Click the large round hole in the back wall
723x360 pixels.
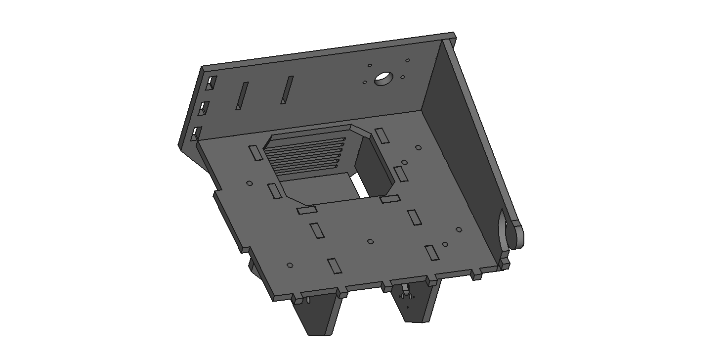(x=383, y=78)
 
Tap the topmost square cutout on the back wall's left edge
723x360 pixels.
(x=212, y=83)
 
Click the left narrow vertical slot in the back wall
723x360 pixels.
(x=242, y=96)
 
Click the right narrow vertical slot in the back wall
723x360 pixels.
(x=287, y=90)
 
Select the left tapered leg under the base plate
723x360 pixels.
(x=319, y=314)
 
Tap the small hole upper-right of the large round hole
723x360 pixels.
(x=408, y=60)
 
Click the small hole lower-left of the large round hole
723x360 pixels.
(x=365, y=83)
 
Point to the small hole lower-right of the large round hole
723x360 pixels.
(x=403, y=77)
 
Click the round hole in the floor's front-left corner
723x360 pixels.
(x=290, y=266)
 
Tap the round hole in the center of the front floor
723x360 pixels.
(x=371, y=242)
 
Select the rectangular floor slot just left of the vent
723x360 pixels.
(x=256, y=153)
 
